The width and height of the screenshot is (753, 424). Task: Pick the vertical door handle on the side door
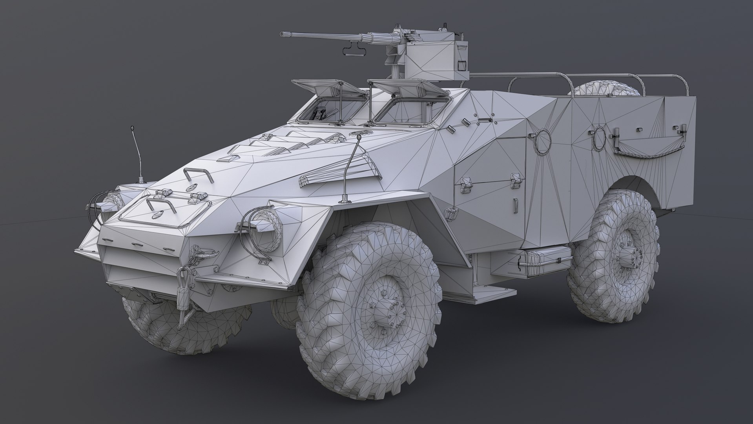pyautogui.click(x=516, y=206)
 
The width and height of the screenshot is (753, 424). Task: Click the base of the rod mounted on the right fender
pyautogui.click(x=345, y=199)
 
